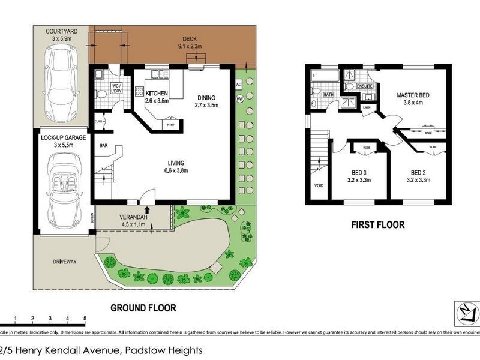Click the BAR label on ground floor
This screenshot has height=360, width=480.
tap(103, 145)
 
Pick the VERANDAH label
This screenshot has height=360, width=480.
tap(134, 217)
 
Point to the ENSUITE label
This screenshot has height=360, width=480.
tap(365, 86)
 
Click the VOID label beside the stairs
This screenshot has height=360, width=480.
tap(318, 185)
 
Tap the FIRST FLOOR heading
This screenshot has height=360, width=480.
tap(377, 225)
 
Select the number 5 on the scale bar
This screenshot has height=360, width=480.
tap(85, 319)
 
